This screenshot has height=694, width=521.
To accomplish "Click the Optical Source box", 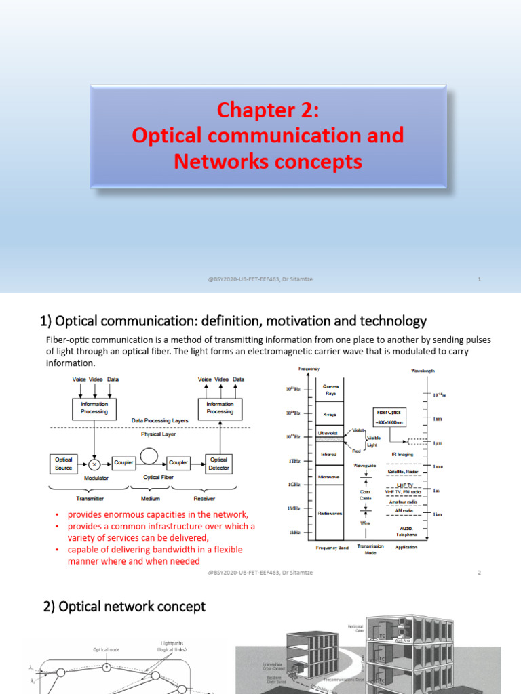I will [63, 464].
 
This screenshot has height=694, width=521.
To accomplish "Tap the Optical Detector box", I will [219, 464].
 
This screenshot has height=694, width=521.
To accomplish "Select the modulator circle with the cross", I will [95, 464].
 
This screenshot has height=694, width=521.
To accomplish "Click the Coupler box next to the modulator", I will [123, 462].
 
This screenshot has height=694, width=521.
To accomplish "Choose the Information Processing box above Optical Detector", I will [220, 408].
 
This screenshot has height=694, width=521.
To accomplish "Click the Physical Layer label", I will [159, 434].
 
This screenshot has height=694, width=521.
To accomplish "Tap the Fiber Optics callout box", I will [390, 415].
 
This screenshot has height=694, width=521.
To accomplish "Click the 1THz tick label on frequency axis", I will [294, 461].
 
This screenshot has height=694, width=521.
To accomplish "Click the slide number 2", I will [479, 573].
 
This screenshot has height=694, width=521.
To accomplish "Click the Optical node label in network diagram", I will [107, 649].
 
